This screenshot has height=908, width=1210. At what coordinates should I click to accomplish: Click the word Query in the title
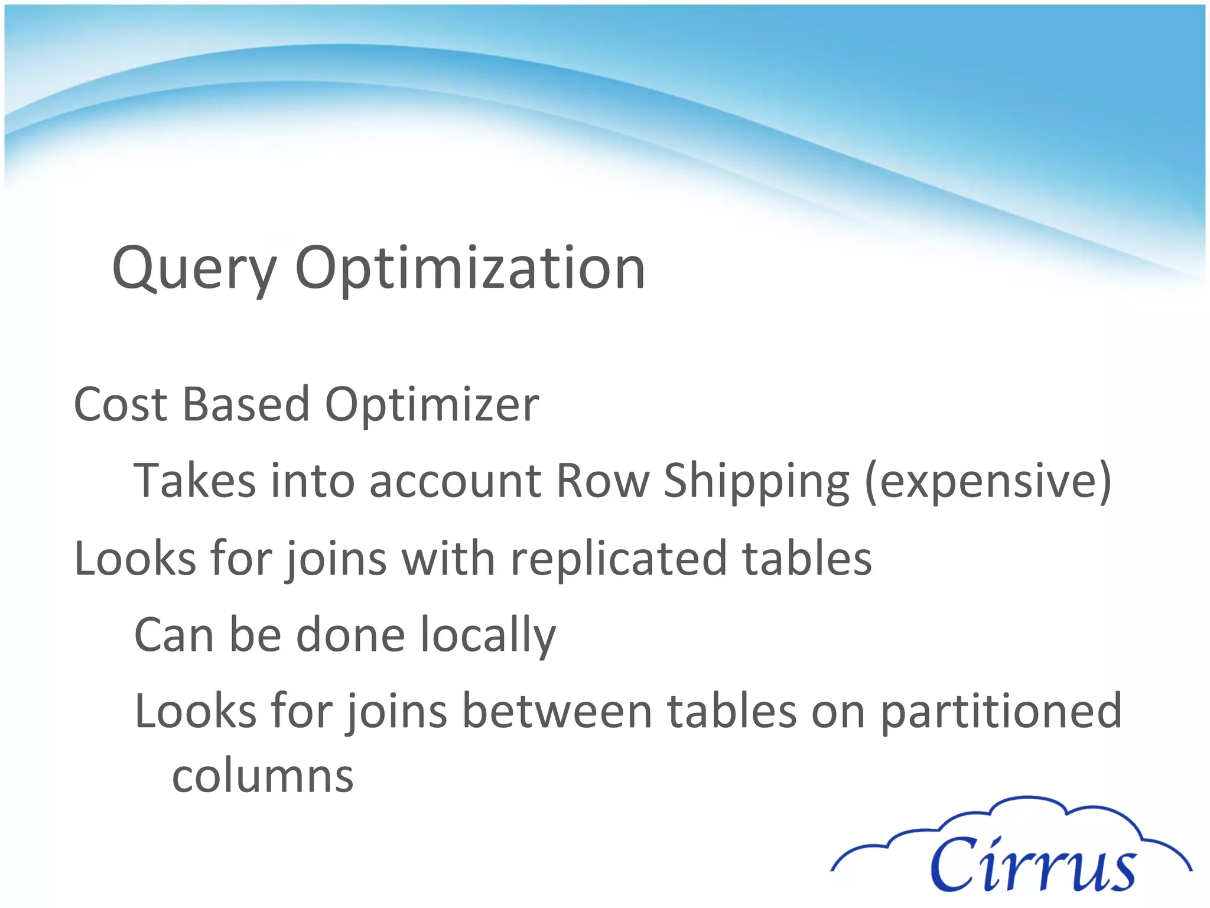click(x=194, y=269)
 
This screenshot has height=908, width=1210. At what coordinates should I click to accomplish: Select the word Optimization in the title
click(x=470, y=269)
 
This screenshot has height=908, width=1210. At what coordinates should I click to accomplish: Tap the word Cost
click(x=121, y=405)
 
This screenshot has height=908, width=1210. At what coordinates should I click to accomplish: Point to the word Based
click(x=246, y=405)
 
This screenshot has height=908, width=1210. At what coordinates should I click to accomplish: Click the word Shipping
click(x=757, y=482)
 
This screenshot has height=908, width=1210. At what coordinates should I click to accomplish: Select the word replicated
click(x=618, y=559)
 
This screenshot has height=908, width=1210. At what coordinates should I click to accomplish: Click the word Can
click(x=174, y=635)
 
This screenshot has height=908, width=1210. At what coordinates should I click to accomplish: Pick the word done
click(x=350, y=635)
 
